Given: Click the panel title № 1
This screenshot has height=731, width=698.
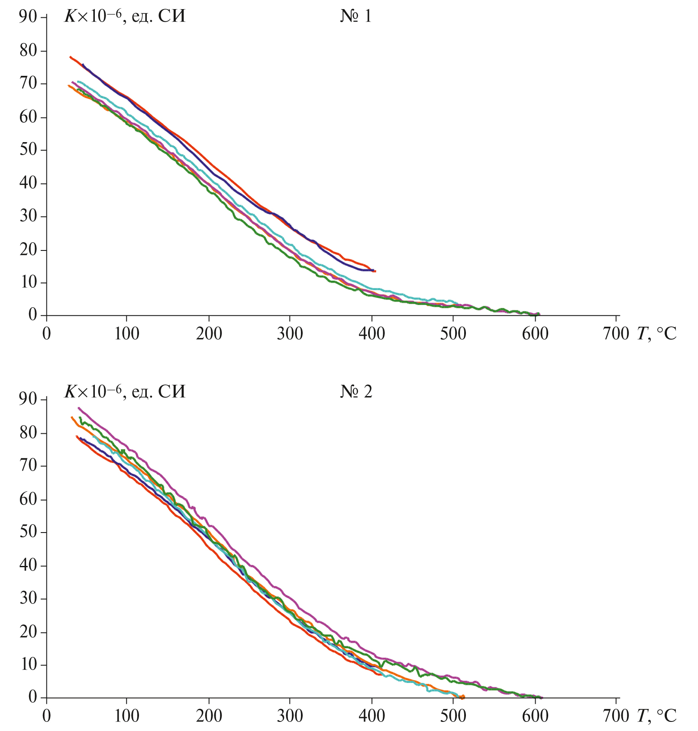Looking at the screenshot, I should tap(355, 16).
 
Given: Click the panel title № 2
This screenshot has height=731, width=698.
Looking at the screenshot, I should tap(356, 392).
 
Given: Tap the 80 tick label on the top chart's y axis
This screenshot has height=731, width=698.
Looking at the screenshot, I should tap(28, 51).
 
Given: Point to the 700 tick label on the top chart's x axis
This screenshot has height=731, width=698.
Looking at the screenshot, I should tap(616, 334).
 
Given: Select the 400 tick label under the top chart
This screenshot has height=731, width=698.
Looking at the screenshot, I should tap(372, 334).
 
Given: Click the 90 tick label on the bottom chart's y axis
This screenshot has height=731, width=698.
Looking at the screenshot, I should tap(28, 399).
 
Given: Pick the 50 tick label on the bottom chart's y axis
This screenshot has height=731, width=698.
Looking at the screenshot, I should tap(28, 532).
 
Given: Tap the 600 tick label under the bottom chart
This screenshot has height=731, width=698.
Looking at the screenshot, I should tap(535, 716).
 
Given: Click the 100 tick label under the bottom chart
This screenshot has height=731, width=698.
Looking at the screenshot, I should tap(126, 716).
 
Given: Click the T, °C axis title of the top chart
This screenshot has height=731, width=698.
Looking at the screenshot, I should tap(656, 334).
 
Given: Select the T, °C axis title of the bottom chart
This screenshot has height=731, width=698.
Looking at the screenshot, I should tap(656, 716).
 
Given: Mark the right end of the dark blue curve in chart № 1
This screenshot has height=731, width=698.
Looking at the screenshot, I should tap(373, 270).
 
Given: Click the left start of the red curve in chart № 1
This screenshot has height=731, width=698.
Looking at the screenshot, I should tap(70, 57).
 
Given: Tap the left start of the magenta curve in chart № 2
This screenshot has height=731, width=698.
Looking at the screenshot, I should tap(78, 408).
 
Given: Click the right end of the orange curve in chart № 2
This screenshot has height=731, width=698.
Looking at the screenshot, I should tap(464, 697).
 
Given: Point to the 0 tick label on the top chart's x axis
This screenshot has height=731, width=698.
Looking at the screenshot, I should tap(46, 334).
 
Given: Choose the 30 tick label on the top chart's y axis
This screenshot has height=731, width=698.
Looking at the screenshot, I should tap(28, 216).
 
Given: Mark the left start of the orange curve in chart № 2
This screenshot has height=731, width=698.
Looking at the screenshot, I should tap(71, 417).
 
